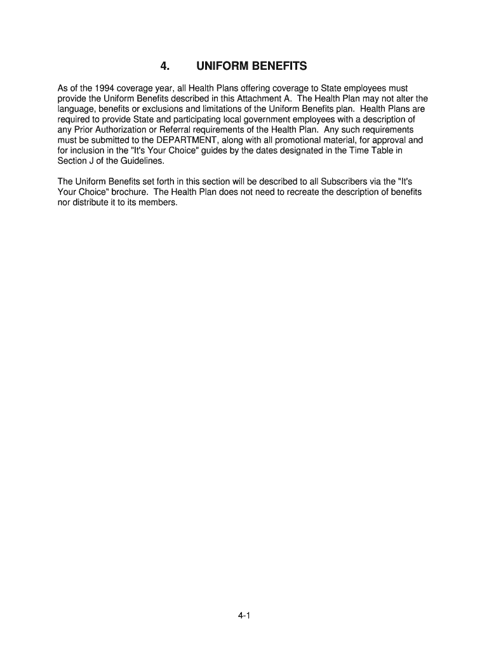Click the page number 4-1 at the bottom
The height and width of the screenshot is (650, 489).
(245, 615)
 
